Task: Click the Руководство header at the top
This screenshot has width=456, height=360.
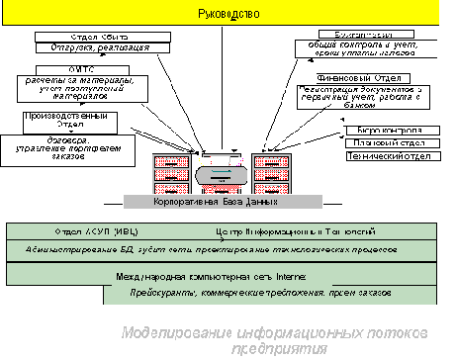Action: click(228, 14)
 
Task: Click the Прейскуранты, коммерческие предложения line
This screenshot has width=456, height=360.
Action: click(249, 294)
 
